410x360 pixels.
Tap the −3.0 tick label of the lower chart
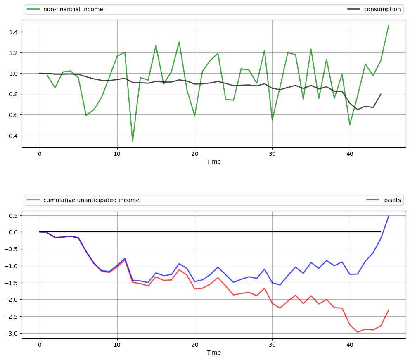coord(11,334)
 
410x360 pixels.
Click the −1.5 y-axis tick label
coord(11,283)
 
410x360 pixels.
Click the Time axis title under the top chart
coord(214,162)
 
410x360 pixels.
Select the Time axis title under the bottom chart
coord(214,353)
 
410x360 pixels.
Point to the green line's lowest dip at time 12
coord(133,141)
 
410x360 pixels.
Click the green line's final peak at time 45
coord(389,25)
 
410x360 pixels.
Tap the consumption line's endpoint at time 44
coord(381,94)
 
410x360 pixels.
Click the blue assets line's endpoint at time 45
coord(389,216)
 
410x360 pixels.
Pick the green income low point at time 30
coord(272,120)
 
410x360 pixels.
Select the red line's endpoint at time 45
coord(389,310)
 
